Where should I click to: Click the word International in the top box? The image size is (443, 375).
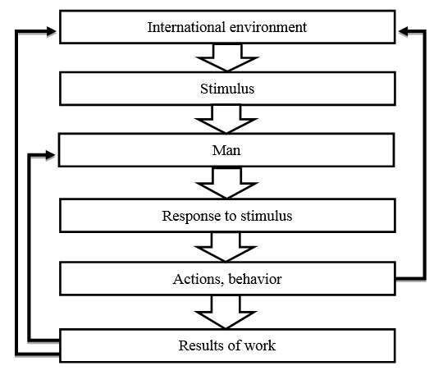click(x=186, y=27)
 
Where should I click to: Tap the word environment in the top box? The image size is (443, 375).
click(x=268, y=27)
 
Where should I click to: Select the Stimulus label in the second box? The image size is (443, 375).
click(x=227, y=89)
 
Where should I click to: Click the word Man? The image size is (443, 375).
click(x=226, y=150)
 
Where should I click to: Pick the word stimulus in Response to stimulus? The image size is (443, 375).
click(x=266, y=216)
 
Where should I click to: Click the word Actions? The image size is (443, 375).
click(x=197, y=280)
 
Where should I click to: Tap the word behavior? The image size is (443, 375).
click(x=255, y=279)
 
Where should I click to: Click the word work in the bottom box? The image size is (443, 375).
click(x=259, y=345)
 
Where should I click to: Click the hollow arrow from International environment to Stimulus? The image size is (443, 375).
click(x=227, y=57)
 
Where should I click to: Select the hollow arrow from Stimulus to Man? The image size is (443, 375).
click(x=226, y=119)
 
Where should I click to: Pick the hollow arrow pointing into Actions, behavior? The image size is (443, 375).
click(x=226, y=247)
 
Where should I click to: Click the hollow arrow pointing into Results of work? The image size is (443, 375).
click(x=226, y=313)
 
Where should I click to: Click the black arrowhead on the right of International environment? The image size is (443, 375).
click(x=403, y=31)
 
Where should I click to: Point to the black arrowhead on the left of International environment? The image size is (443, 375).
click(x=51, y=31)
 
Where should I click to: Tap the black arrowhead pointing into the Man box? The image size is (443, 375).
click(x=50, y=155)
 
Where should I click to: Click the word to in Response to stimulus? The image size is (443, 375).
click(x=231, y=217)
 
